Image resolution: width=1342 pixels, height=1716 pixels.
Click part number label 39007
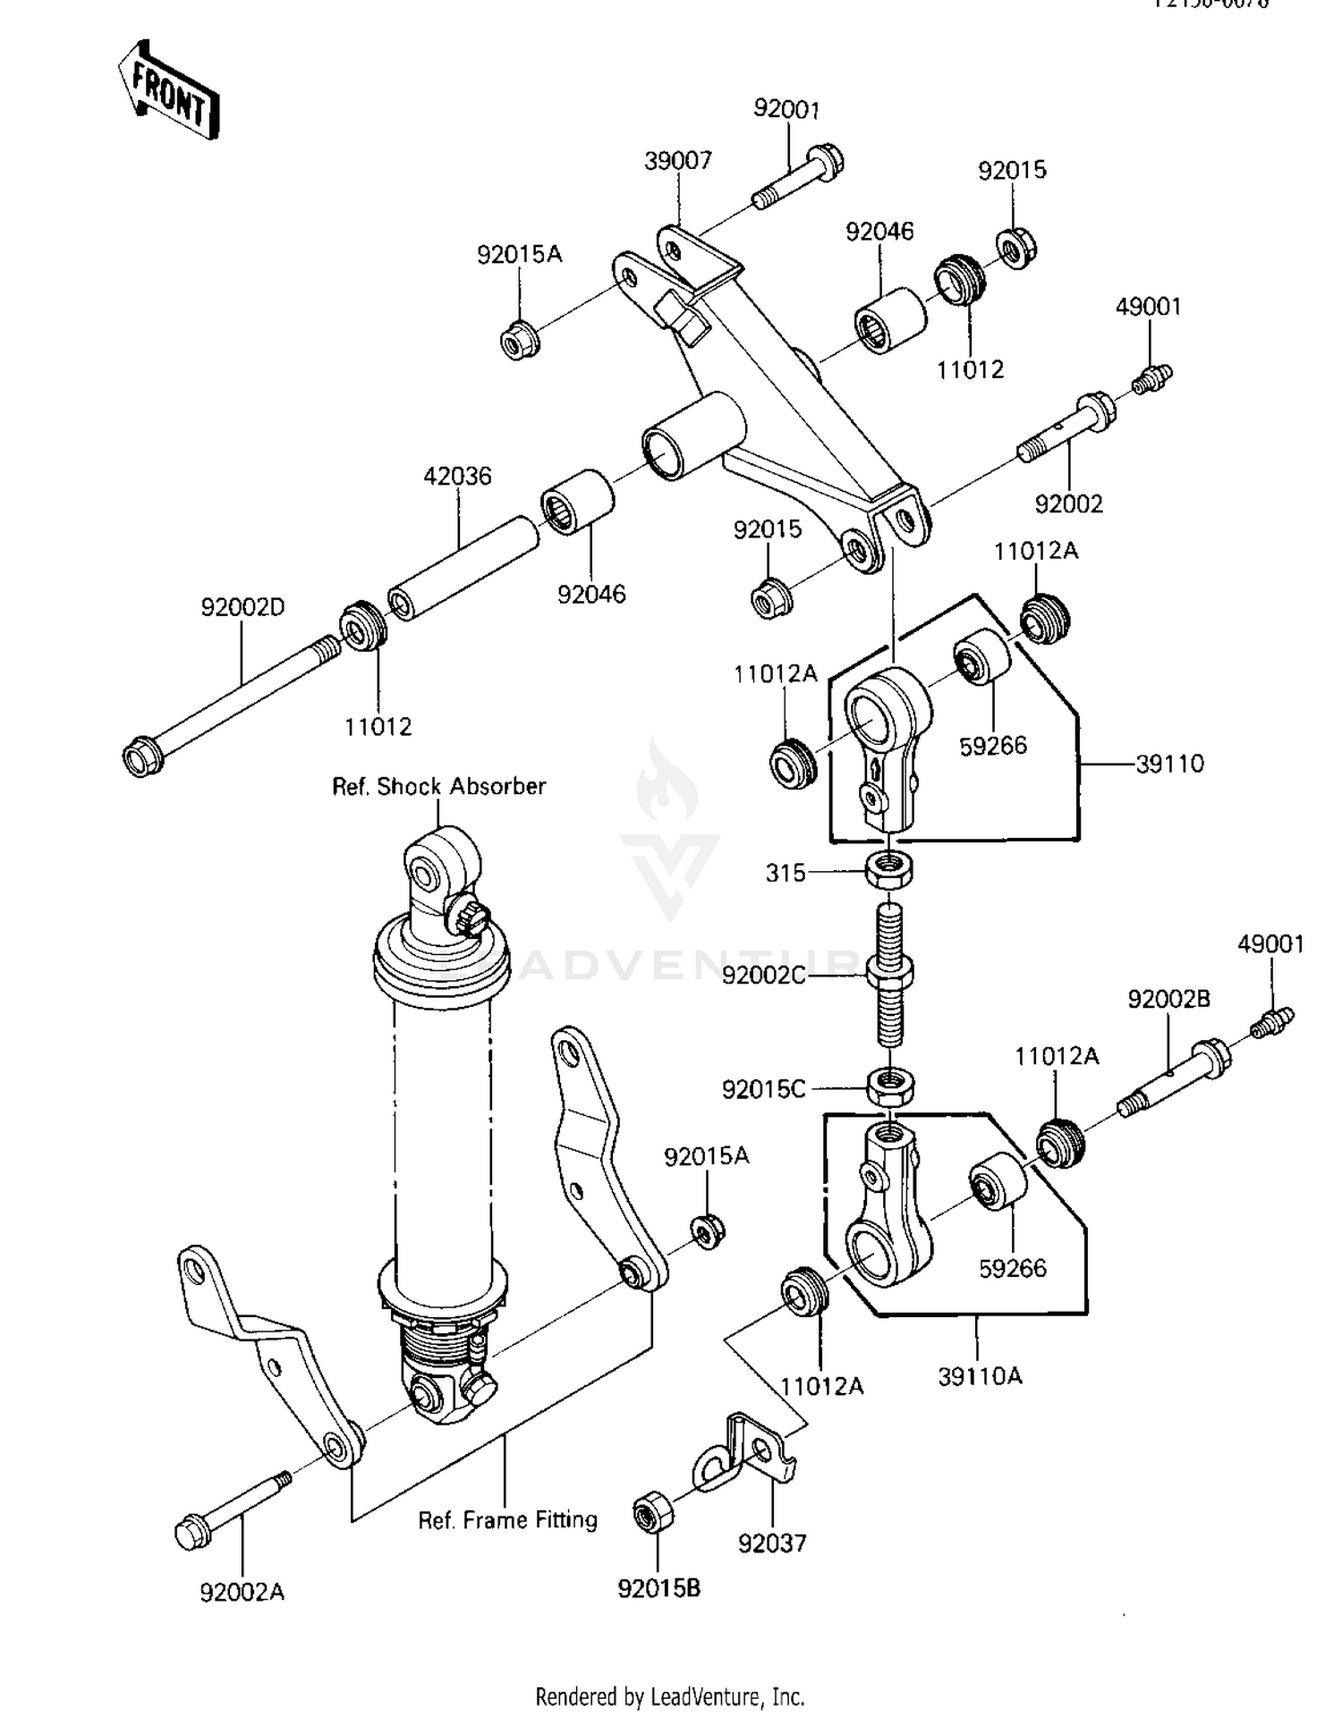(x=677, y=161)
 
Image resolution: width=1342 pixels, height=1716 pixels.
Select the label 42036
(x=457, y=476)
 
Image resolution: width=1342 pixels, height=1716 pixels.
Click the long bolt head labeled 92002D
(x=143, y=757)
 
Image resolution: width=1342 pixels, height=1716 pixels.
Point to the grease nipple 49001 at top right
(x=1152, y=379)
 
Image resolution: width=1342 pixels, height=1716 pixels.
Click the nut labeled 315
(x=889, y=869)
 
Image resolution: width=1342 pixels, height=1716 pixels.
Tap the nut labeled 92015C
(x=890, y=1087)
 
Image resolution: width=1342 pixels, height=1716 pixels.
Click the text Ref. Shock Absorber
(x=438, y=786)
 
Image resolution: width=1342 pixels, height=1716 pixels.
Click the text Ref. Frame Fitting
(x=507, y=1519)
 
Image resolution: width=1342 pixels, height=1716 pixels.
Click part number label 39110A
(x=980, y=1376)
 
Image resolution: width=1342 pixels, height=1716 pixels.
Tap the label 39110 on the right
(x=1169, y=764)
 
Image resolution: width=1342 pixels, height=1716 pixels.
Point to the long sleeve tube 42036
(x=463, y=568)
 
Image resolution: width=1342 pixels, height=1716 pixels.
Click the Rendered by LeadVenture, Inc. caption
(x=669, y=1696)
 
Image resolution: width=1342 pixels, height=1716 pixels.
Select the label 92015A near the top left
(x=519, y=255)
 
